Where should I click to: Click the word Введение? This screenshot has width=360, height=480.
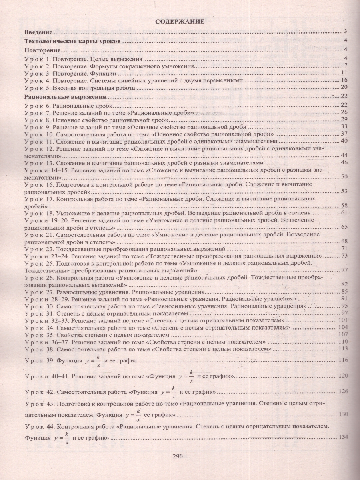(x=38, y=32)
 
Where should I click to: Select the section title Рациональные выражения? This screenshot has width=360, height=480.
(x=65, y=96)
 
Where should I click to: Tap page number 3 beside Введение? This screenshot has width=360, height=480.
(x=345, y=32)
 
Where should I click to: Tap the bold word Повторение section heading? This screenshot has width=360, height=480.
(x=42, y=50)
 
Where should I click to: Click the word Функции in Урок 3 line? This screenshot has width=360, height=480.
(x=106, y=73)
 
